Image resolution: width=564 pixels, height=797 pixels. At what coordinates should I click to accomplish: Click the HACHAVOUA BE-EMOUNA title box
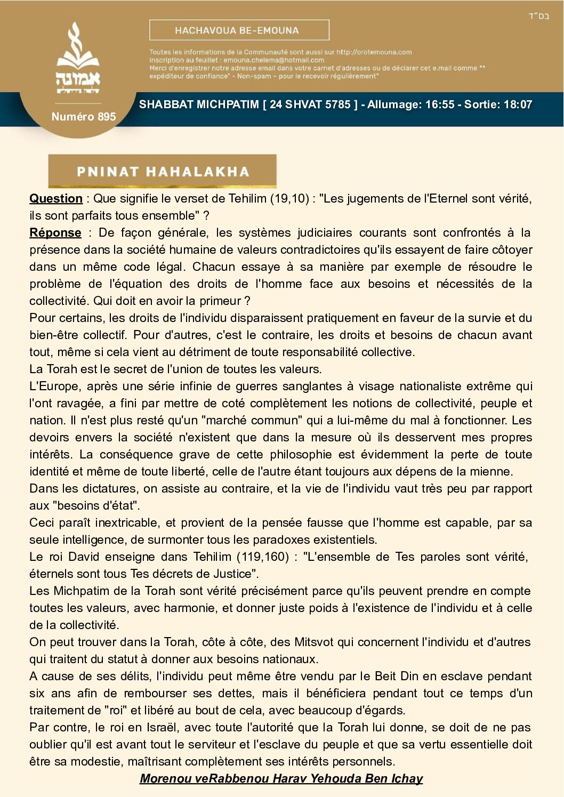239,30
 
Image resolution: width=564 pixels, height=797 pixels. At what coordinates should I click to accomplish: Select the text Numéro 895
84,117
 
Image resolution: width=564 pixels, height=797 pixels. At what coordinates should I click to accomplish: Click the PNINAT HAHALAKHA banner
163,171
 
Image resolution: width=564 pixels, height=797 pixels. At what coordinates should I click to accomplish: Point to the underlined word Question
56,199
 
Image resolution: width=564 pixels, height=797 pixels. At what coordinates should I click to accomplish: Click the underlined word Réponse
55,233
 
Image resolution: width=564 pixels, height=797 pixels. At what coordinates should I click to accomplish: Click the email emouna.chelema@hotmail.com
273,60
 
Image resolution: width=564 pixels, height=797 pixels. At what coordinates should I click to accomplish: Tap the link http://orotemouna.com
374,52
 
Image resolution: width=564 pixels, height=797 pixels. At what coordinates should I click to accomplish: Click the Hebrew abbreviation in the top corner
538,16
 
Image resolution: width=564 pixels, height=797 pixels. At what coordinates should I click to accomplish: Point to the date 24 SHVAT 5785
310,104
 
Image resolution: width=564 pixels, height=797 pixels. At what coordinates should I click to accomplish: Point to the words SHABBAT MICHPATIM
198,104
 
